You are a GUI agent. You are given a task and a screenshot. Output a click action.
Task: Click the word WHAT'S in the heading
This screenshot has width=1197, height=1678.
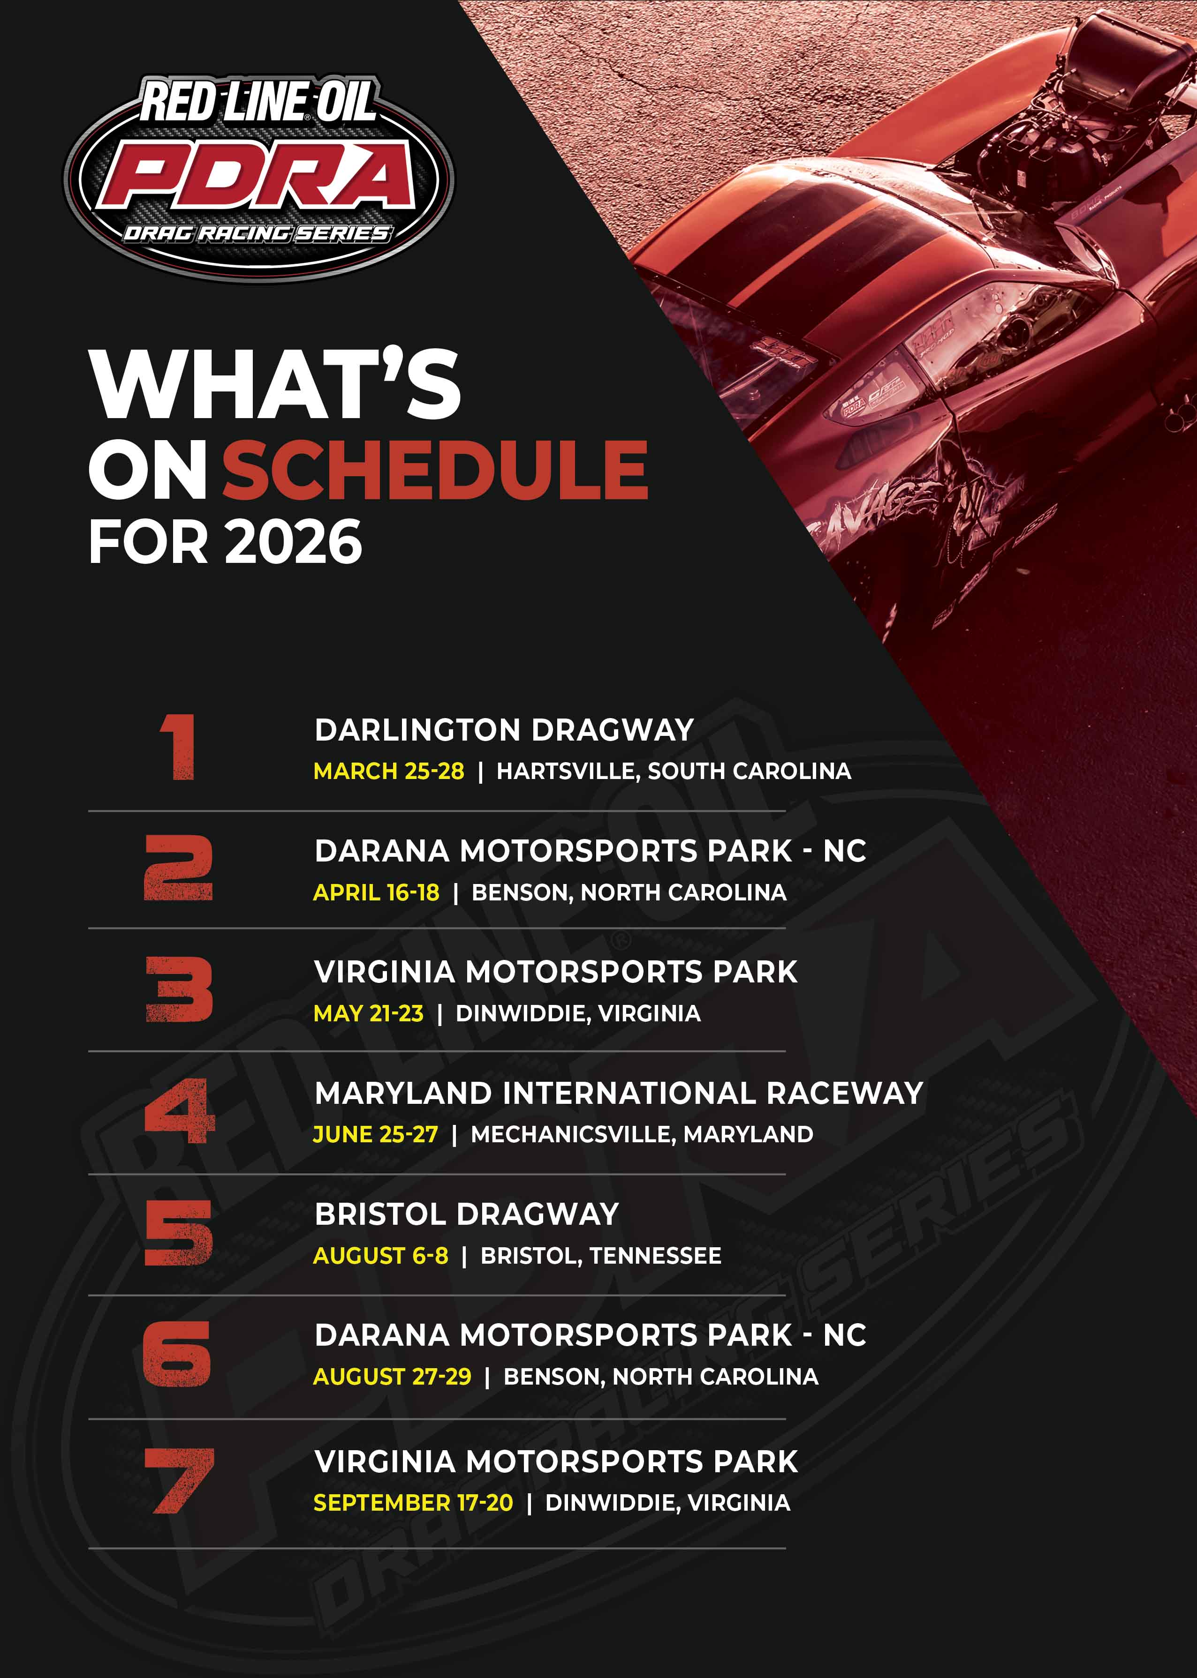pos(274,384)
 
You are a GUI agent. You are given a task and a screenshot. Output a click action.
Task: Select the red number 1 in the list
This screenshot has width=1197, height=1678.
pos(178,747)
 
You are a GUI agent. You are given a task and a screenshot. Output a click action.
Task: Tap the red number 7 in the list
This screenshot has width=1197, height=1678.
pos(178,1481)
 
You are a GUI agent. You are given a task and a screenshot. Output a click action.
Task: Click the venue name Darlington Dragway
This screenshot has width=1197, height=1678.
pos(504,730)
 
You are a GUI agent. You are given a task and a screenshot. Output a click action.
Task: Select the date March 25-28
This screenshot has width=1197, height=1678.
pos(388,771)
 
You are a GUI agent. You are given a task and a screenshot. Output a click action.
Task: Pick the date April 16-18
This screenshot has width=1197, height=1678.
pos(376,893)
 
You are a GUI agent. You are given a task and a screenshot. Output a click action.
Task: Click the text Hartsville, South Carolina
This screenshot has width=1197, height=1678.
pos(674,771)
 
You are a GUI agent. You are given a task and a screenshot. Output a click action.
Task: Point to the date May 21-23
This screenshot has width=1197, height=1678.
pos(369,1013)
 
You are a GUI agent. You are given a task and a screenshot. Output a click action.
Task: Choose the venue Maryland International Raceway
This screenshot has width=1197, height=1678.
pos(618,1093)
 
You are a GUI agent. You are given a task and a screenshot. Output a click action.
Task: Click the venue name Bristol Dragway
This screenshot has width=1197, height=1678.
pos(467,1214)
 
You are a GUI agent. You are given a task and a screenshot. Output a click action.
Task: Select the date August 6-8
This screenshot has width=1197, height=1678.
pos(380,1256)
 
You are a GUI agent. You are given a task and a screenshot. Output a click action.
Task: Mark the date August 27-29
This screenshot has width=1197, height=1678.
pos(392,1377)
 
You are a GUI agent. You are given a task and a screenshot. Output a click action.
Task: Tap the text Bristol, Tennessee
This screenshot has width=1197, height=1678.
pos(601,1256)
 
